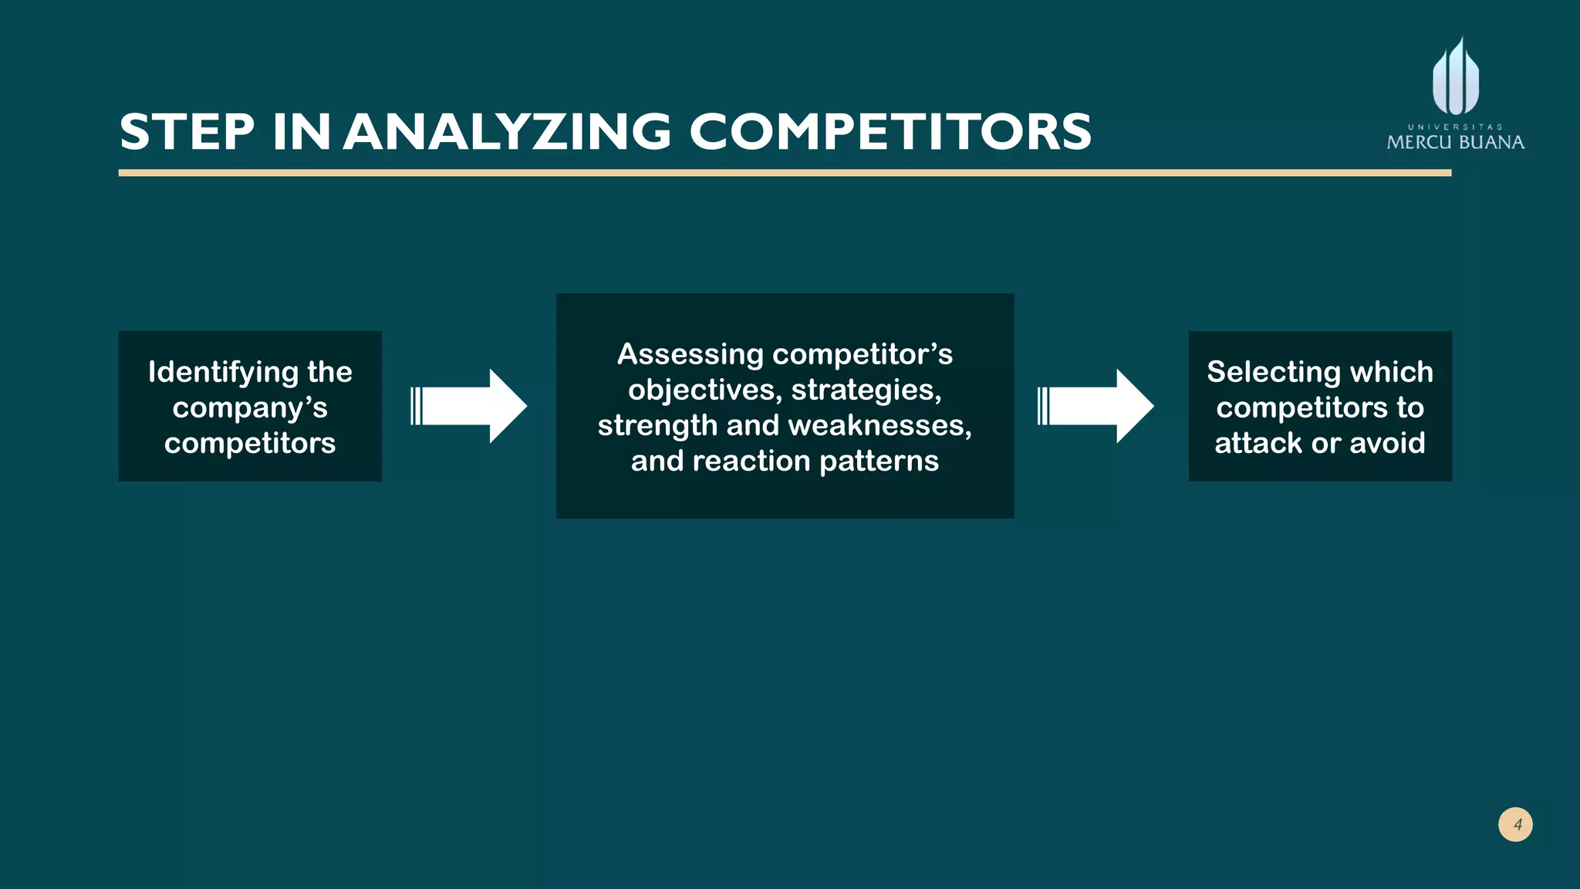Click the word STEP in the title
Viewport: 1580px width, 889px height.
(x=187, y=132)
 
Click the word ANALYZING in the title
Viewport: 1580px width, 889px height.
(x=508, y=132)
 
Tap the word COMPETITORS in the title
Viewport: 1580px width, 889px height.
(x=890, y=132)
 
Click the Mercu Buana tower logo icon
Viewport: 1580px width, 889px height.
(x=1456, y=78)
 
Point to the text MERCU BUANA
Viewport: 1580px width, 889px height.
(x=1455, y=143)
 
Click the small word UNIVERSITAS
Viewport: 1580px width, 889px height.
(x=1455, y=127)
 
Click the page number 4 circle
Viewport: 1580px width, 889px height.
(x=1515, y=824)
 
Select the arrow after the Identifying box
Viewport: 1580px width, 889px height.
(x=469, y=406)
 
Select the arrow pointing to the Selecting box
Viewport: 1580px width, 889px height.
(x=1096, y=406)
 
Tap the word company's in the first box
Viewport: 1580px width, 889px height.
(x=250, y=407)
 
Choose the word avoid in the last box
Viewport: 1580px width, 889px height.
(x=1387, y=443)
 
